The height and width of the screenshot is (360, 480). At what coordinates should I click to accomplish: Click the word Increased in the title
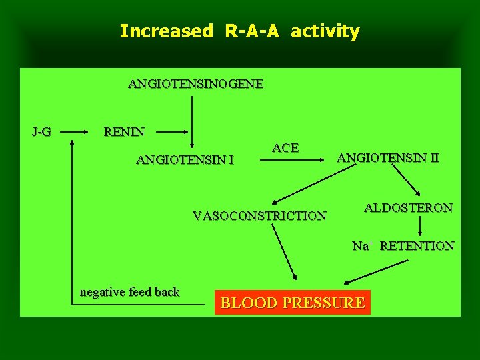click(165, 31)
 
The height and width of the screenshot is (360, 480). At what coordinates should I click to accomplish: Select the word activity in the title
click(325, 31)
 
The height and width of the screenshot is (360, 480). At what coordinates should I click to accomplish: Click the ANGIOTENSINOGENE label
click(195, 85)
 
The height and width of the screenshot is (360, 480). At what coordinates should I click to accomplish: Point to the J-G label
click(41, 132)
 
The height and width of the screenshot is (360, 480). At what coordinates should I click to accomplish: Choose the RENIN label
click(124, 132)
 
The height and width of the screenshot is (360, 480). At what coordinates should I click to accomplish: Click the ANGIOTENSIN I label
click(185, 160)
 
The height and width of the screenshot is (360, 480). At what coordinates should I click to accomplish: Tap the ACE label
click(285, 148)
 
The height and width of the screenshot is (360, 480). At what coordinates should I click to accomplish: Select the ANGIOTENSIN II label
click(388, 158)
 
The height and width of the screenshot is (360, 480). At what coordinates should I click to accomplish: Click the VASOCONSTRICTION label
click(259, 216)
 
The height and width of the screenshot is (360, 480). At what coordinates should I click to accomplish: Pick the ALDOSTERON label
click(408, 208)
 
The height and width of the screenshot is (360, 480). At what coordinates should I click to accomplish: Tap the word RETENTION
click(417, 246)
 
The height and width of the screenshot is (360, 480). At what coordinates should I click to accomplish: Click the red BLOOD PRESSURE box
click(292, 303)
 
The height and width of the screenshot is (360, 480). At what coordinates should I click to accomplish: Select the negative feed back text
click(129, 292)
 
